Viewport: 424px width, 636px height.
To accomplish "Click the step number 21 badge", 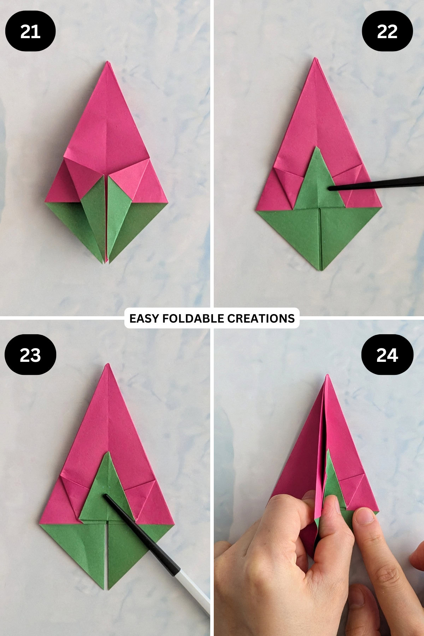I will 30,31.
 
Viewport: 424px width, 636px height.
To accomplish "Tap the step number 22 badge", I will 387,31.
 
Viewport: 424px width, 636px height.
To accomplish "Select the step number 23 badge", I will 30,355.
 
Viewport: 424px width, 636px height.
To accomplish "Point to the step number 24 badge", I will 387,355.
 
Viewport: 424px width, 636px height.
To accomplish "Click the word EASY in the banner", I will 143,318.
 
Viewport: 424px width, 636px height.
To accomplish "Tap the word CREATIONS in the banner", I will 261,318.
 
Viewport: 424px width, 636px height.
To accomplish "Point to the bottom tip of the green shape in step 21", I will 107,263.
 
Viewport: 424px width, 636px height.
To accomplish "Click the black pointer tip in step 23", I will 105,496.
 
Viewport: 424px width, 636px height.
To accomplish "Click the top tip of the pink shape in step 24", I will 328,375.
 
